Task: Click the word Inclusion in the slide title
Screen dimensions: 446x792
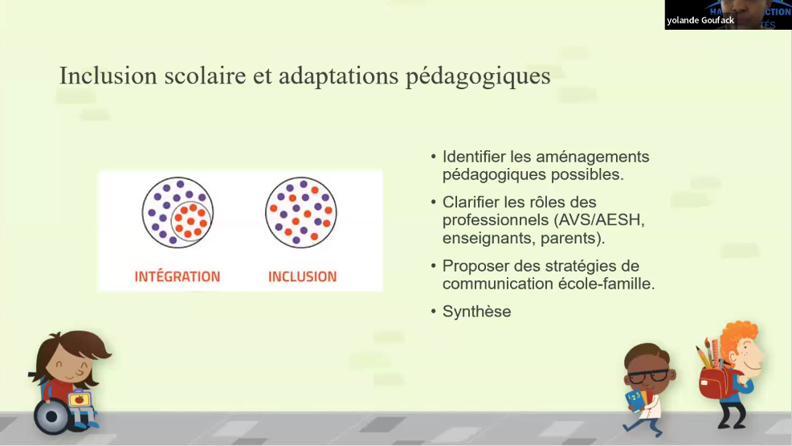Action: pyautogui.click(x=97, y=76)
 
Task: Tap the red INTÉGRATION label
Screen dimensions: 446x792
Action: pyautogui.click(x=178, y=276)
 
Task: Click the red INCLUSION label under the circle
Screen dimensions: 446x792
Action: pyautogui.click(x=302, y=276)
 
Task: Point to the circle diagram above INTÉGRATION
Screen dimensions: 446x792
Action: pyautogui.click(x=178, y=212)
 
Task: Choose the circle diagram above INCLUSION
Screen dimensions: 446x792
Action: pyautogui.click(x=301, y=212)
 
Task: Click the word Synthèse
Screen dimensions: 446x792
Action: pyautogui.click(x=476, y=312)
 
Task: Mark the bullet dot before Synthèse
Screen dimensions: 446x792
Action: pyautogui.click(x=434, y=311)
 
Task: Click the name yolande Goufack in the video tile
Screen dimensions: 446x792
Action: pyautogui.click(x=700, y=21)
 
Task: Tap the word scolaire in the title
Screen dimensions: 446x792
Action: pyautogui.click(x=198, y=76)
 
